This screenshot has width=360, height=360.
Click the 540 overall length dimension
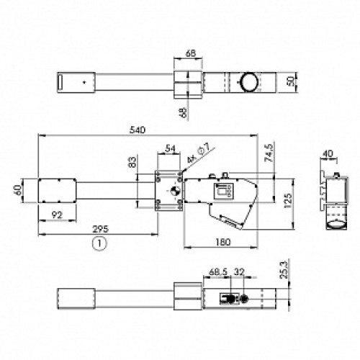pyautogui.click(x=138, y=130)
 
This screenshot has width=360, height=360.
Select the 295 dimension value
pyautogui.click(x=100, y=229)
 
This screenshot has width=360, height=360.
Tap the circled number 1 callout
pyautogui.click(x=99, y=243)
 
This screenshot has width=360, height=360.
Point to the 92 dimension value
pyautogui.click(x=57, y=215)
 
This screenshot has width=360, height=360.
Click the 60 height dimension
pyautogui.click(x=19, y=191)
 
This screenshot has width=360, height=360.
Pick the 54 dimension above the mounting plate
pyautogui.click(x=170, y=149)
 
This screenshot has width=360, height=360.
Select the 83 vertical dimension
pyautogui.click(x=132, y=162)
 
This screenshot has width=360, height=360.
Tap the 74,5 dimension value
pyautogui.click(x=269, y=153)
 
